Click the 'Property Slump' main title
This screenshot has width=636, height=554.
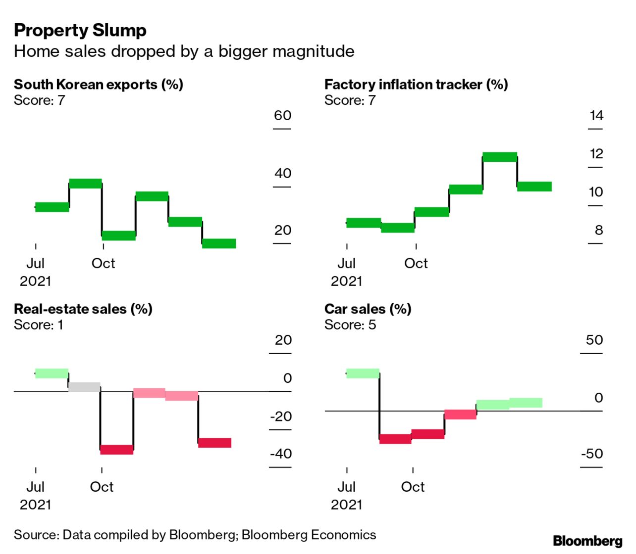[x=80, y=30]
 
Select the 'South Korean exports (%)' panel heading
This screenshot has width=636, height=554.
[x=99, y=85]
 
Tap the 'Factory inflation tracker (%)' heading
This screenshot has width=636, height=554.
[x=416, y=85]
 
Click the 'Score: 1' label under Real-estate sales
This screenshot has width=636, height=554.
[x=39, y=325]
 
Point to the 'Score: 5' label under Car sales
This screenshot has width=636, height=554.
[x=350, y=325]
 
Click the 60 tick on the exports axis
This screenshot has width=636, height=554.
[x=282, y=116]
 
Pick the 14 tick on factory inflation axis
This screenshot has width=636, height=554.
[x=596, y=116]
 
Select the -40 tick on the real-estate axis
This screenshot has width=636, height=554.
[x=281, y=454]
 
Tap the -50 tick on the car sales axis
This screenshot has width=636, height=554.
[x=592, y=454]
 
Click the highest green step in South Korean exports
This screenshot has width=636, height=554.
[x=86, y=184]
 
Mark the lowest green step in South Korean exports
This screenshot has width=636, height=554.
[x=219, y=243]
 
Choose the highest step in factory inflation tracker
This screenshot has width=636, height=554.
[x=500, y=157]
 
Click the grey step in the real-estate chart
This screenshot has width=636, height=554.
[x=84, y=387]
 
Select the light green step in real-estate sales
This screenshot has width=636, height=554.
[x=52, y=373]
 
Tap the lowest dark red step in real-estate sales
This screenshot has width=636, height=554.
[x=117, y=450]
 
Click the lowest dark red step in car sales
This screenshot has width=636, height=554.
[x=395, y=439]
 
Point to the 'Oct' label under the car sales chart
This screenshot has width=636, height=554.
[x=413, y=487]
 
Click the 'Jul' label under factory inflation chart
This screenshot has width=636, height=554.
[x=346, y=263]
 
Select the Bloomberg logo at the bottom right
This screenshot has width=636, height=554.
[x=587, y=541]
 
